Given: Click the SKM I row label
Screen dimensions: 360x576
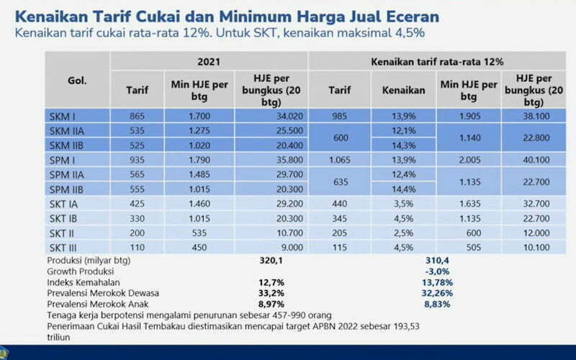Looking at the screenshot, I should [63, 117].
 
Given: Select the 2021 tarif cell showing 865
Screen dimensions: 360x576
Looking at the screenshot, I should [138, 117].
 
